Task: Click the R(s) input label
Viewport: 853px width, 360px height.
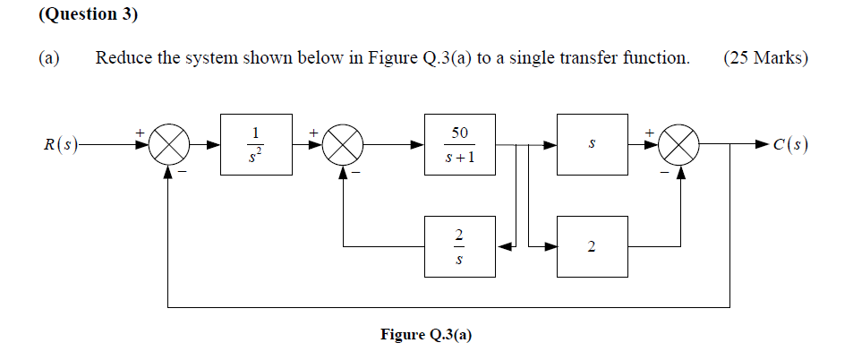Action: [x=61, y=144]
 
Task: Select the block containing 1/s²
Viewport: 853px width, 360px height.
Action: [x=257, y=144]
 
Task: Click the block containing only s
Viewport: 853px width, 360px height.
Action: [x=591, y=144]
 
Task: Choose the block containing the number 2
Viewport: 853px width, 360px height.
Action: [x=591, y=246]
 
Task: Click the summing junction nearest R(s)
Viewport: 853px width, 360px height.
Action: [x=169, y=144]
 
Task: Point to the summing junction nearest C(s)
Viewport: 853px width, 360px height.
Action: [x=683, y=144]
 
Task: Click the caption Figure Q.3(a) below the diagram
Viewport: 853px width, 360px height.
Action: [x=426, y=335]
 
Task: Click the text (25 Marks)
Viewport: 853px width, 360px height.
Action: [x=764, y=59]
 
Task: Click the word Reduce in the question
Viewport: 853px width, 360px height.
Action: [x=124, y=59]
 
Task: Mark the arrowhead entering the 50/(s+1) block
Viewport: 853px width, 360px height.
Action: [x=418, y=144]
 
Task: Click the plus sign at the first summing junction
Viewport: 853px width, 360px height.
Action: [x=140, y=133]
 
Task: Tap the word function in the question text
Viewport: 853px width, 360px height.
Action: [x=656, y=59]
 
